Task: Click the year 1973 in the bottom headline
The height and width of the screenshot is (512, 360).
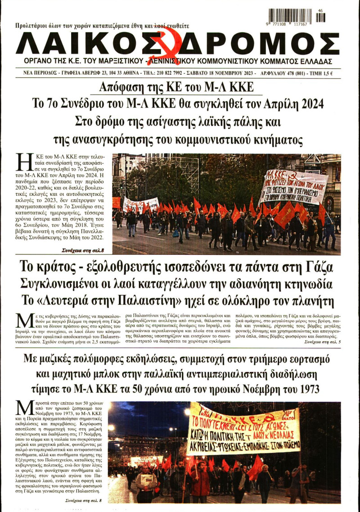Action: click(307, 388)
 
